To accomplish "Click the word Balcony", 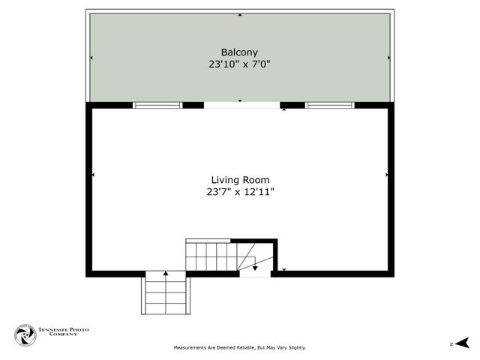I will (x=239, y=52).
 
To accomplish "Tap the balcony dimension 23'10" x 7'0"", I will (x=239, y=64).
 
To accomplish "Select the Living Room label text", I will (x=239, y=180).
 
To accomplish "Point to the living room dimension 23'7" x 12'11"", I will (x=239, y=192).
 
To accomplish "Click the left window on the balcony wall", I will (x=157, y=105).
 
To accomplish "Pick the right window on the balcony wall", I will (x=328, y=105).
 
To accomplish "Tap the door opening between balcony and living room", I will (x=241, y=106).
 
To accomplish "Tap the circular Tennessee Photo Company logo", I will (x=25, y=335).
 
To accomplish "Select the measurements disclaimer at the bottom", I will (x=240, y=348).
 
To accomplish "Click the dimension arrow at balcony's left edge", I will (x=92, y=58).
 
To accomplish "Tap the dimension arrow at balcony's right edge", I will (x=388, y=58).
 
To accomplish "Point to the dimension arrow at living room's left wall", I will (x=93, y=175).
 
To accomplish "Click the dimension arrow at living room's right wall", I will (x=386, y=175).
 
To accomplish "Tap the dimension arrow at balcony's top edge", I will (x=240, y=14).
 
